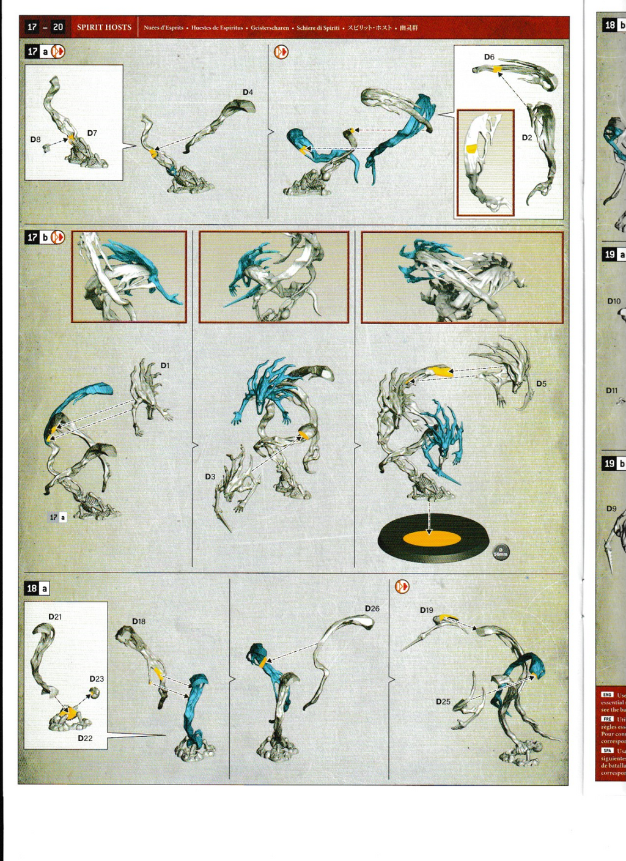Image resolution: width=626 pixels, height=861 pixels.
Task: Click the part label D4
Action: point(248,92)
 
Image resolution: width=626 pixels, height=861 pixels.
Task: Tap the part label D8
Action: point(35,139)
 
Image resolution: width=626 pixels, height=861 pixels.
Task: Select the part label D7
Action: point(92,133)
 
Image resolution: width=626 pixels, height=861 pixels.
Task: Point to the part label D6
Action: point(489,57)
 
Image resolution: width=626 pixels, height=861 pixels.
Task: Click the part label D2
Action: point(526,138)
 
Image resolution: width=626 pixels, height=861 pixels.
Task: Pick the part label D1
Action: point(165,365)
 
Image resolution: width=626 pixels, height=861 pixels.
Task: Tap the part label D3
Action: point(210,476)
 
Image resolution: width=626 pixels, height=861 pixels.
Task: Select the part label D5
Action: point(541,383)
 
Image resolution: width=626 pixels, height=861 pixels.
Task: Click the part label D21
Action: point(55,616)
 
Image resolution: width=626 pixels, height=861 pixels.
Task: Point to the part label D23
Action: point(97,679)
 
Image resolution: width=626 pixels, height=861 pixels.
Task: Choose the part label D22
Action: point(85,738)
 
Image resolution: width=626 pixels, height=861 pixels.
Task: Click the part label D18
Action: point(139,621)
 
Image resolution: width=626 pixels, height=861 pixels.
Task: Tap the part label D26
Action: point(372,608)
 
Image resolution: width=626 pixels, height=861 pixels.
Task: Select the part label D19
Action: point(426,610)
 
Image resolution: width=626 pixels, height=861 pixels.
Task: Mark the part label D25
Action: point(443,701)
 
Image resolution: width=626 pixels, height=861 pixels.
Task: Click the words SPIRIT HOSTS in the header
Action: point(104,28)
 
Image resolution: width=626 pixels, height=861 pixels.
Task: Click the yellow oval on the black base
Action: point(432,539)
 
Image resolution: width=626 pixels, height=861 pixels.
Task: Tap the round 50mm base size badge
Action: point(501,552)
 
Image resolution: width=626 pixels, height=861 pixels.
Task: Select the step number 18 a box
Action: point(37,588)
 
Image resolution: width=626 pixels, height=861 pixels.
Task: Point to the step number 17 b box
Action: point(37,237)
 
